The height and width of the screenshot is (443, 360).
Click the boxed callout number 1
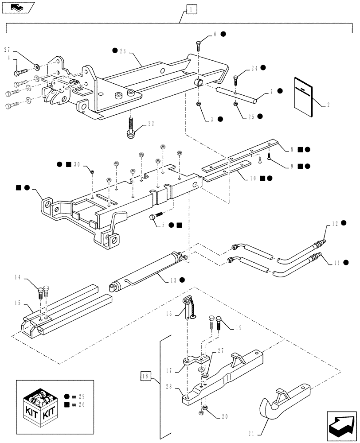190,8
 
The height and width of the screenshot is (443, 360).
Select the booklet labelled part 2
303,96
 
